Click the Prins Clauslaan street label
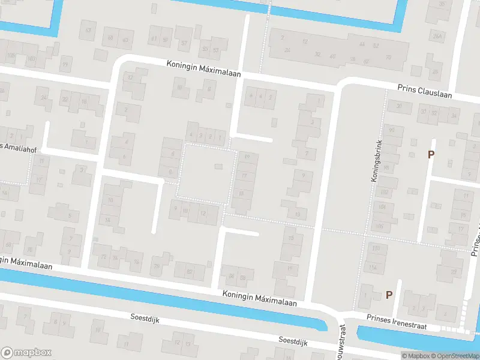(x=424, y=91)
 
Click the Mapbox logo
(x=26, y=352)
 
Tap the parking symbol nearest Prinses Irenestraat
(x=389, y=295)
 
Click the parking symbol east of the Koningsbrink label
(x=430, y=155)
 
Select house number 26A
(x=437, y=37)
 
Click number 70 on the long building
(x=388, y=58)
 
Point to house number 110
(x=376, y=248)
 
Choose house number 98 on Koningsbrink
(x=387, y=167)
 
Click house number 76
(x=157, y=266)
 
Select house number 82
(x=190, y=272)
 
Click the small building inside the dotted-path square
(x=218, y=166)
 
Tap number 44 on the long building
(x=361, y=45)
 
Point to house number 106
(x=379, y=226)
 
